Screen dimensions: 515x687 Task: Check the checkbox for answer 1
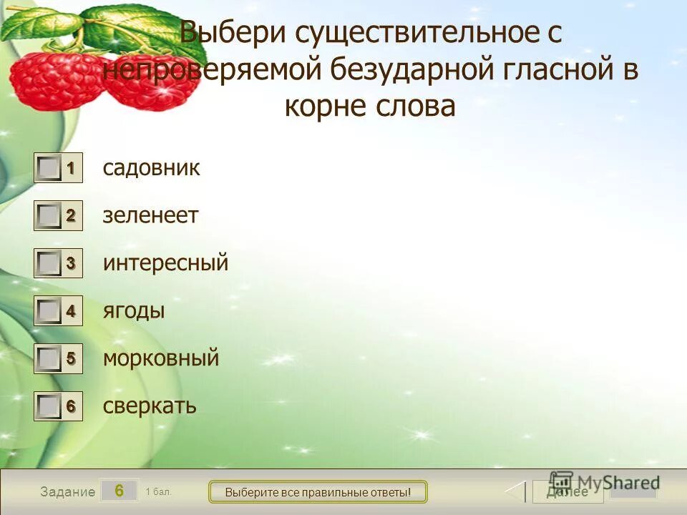click(49, 169)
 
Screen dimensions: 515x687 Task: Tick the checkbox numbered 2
click(49, 216)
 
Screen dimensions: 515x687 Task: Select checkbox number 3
click(49, 264)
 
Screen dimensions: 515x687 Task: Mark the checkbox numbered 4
click(49, 311)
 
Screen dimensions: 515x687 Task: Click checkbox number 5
click(49, 358)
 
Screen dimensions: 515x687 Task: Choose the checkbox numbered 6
click(49, 406)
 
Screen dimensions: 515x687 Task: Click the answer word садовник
click(151, 168)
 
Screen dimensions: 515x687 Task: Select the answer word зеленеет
click(150, 215)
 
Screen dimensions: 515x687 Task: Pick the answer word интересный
click(165, 263)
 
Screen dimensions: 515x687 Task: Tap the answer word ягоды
click(134, 310)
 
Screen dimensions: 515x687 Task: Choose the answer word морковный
click(160, 358)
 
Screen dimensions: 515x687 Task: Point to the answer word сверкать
click(149, 406)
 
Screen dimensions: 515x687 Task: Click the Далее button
click(567, 491)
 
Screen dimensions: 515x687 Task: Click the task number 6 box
click(119, 491)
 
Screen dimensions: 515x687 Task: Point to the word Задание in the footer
click(67, 492)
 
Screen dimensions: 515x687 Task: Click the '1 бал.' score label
click(158, 491)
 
